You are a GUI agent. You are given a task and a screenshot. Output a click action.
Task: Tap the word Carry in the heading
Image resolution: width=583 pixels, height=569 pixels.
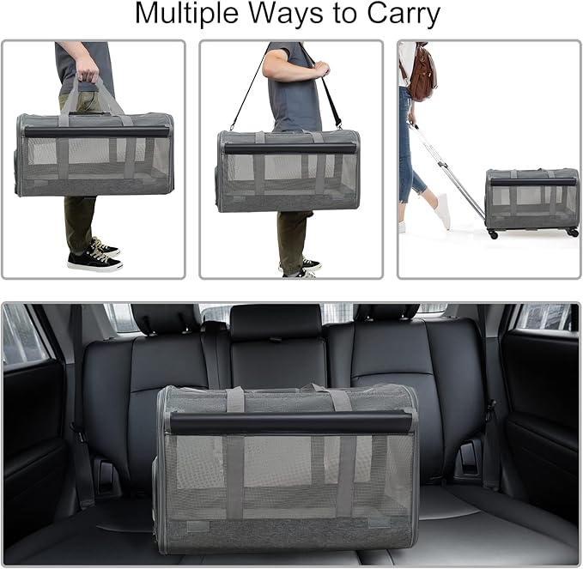(402, 15)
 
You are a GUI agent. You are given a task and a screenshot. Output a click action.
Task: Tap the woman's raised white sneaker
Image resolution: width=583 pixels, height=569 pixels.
(442, 210)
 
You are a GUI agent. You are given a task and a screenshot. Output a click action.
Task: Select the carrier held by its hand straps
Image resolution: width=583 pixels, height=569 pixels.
(94, 154)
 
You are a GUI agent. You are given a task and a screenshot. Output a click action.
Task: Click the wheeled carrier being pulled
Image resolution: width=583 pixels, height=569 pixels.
(531, 200)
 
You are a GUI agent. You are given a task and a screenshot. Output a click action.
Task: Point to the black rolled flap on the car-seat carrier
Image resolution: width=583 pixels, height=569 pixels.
(287, 422)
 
